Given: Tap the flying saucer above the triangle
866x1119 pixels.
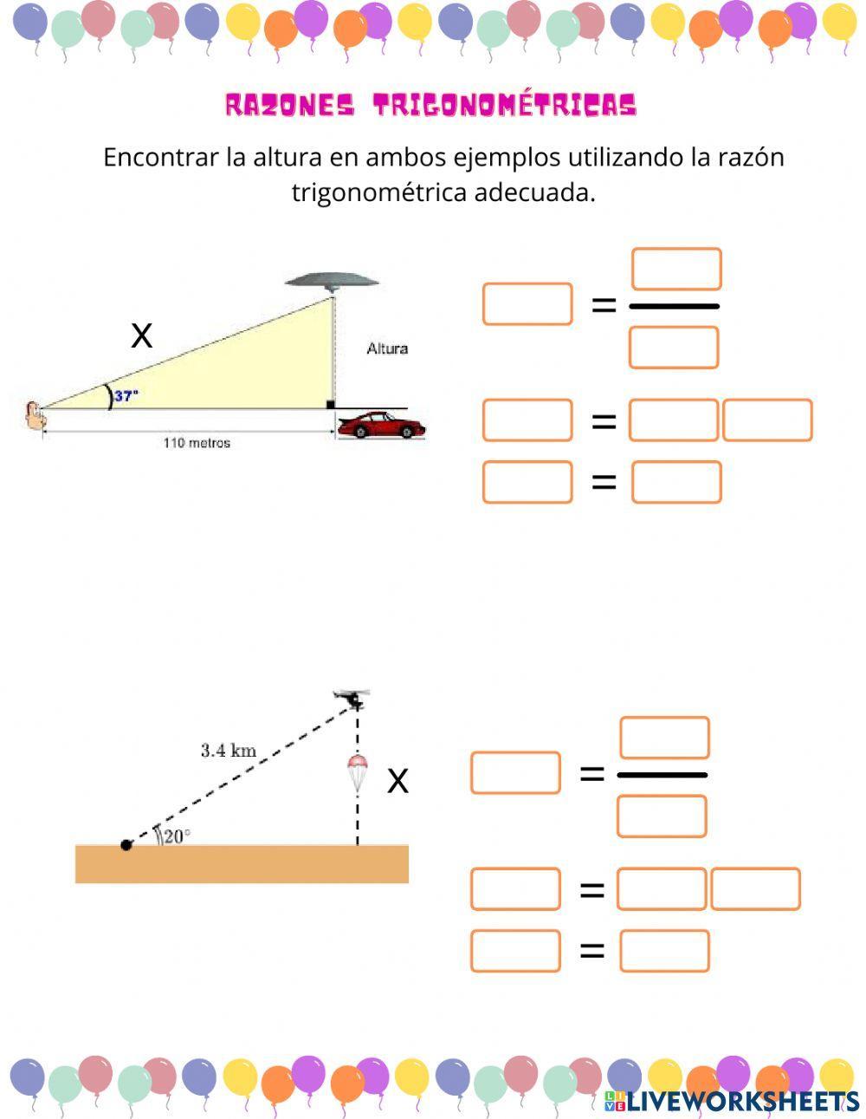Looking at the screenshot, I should (333, 280).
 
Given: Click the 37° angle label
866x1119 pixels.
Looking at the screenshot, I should (127, 396).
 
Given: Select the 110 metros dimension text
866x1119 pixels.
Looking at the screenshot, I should (197, 443).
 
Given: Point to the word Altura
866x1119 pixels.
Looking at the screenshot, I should (387, 348).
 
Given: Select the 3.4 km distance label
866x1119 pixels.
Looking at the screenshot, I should (229, 751).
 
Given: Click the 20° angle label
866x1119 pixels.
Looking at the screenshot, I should (176, 836).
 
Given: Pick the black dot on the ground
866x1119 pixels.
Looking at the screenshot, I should (126, 844).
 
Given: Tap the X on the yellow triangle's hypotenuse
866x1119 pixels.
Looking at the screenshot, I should (141, 335).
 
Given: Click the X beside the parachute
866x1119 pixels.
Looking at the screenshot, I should (397, 781).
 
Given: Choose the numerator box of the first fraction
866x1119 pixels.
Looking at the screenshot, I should (676, 270).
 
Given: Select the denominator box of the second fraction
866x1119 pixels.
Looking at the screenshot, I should (662, 816).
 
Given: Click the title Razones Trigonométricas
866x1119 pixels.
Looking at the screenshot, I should (430, 106).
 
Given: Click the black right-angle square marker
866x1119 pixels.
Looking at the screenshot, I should (330, 405).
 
